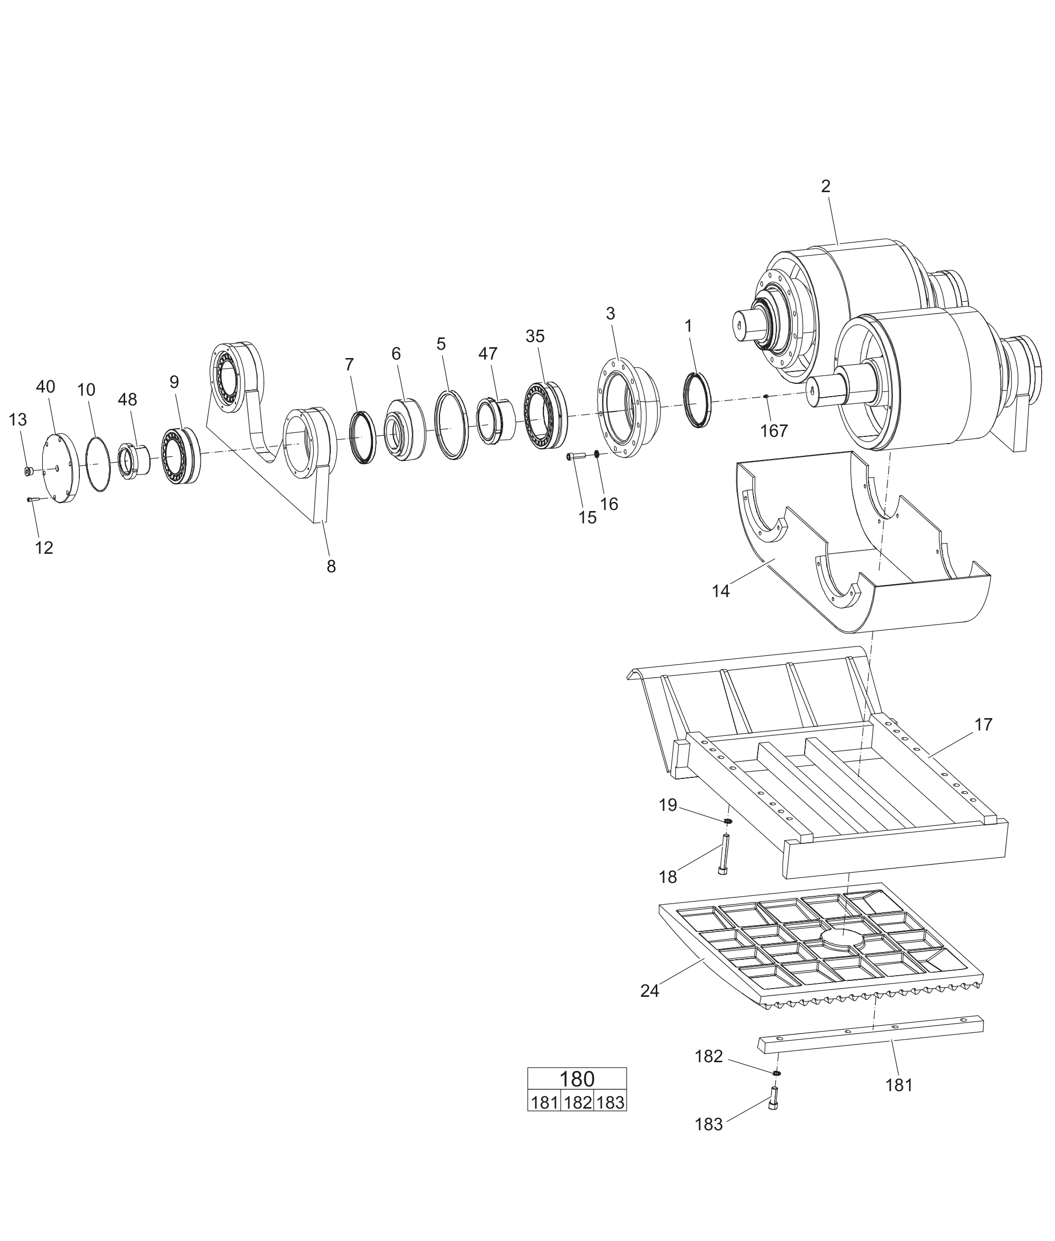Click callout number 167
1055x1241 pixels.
point(774,431)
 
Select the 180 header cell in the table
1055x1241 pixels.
point(576,1079)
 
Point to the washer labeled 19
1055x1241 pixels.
point(728,821)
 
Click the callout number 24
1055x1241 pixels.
point(650,991)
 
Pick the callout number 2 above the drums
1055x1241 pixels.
point(825,186)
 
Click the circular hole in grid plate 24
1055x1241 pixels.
point(843,939)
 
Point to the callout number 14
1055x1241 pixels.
point(721,591)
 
